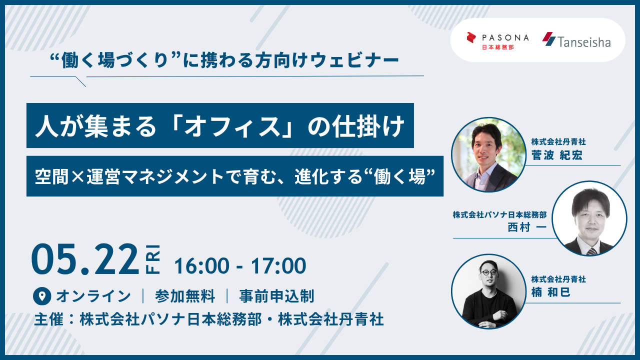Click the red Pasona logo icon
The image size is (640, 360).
pos(471,38)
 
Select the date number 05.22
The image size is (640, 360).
pos(85,259)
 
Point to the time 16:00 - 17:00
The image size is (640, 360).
pos(240,265)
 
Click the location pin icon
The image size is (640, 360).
pos(42,296)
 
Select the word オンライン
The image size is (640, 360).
pos(93,296)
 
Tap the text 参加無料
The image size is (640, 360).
pos(185,296)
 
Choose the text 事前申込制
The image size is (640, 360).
pos(276,296)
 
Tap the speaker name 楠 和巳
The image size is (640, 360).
pos(551,292)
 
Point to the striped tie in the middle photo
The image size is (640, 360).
pos(591,251)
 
